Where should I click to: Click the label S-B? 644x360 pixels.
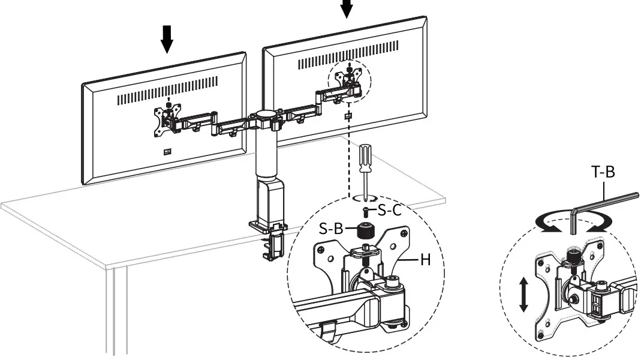[331, 228]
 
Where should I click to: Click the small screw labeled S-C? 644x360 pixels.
[365, 211]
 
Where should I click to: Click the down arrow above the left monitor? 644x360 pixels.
[167, 38]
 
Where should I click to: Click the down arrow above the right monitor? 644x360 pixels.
[347, 8]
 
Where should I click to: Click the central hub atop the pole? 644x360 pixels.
[264, 114]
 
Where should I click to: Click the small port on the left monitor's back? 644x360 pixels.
[167, 151]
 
